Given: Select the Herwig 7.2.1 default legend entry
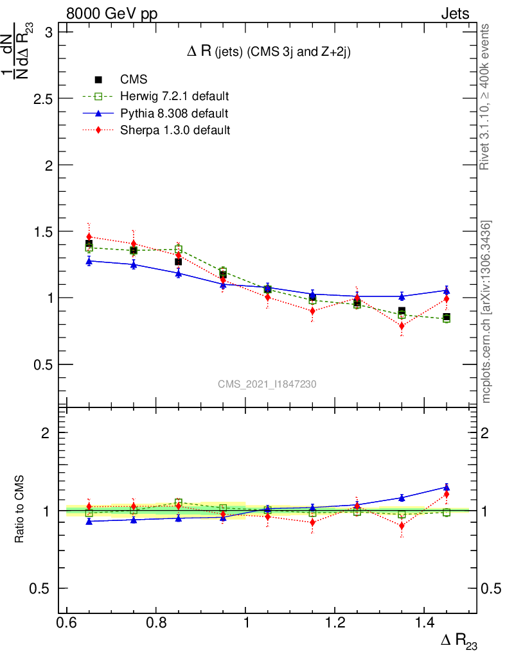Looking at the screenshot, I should click(x=174, y=97).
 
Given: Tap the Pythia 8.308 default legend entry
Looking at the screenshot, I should click(x=174, y=114).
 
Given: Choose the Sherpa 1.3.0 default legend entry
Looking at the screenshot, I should click(x=175, y=130).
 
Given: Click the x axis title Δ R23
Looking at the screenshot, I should click(x=458, y=642).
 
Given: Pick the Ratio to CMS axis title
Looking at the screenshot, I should click(x=19, y=511).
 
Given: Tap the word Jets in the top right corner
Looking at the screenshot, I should click(x=454, y=14).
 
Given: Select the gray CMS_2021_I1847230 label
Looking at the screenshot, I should click(x=267, y=384).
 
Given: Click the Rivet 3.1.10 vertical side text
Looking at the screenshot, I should click(x=486, y=97).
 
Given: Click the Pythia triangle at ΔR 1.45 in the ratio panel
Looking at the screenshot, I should click(x=447, y=487).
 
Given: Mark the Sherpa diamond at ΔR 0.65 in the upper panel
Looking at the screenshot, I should click(x=89, y=237).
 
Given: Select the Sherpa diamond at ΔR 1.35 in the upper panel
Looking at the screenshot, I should click(x=402, y=325).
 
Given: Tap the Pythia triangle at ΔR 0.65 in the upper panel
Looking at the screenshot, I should click(x=89, y=261).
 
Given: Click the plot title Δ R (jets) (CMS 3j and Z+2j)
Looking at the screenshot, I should click(x=268, y=52).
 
